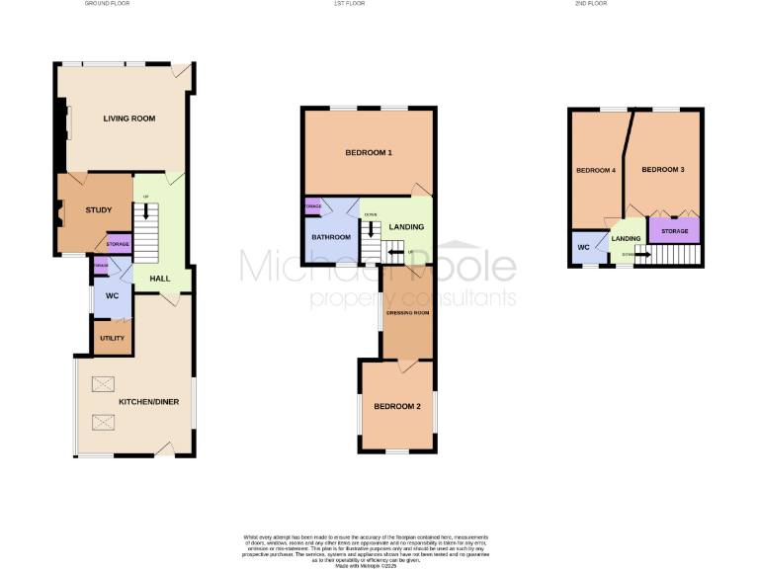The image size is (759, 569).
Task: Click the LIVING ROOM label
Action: [129, 119]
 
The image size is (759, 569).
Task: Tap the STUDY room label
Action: [99, 209]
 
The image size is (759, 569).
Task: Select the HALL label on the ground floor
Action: [159, 279]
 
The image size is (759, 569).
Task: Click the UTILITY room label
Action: [112, 339]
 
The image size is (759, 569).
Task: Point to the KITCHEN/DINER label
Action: [147, 403]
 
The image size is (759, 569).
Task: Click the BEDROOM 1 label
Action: [369, 153]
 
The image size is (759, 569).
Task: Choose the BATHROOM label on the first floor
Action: [331, 237]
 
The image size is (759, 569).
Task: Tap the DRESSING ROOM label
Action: [407, 313]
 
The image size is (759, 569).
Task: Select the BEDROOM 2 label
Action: [397, 407]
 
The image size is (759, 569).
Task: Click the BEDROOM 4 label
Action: [596, 170]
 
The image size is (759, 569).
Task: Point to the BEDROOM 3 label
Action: [663, 170]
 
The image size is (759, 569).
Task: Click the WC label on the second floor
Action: [583, 247]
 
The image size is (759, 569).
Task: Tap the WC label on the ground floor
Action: [112, 294]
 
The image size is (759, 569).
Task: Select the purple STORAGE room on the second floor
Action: [674, 231]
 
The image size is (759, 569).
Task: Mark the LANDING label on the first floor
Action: [406, 227]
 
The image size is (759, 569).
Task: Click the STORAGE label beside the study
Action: [118, 244]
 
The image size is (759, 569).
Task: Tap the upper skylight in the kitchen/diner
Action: [104, 384]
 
